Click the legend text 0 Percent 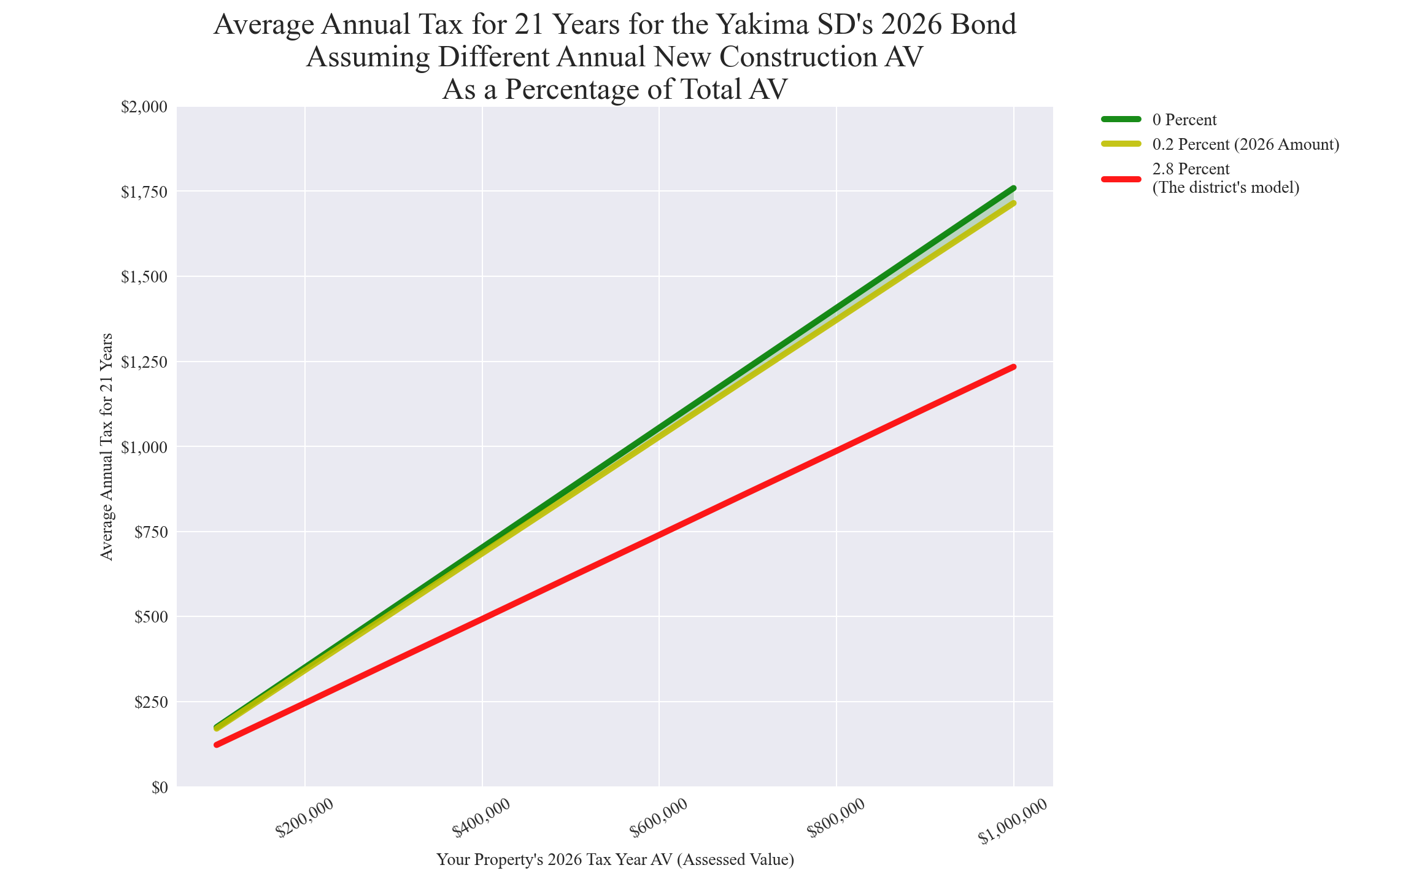1184,120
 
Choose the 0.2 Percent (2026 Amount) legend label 1246,145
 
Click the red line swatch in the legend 1121,179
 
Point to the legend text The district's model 1226,188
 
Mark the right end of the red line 1014,367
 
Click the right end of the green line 1014,188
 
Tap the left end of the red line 217,745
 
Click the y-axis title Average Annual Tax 107,446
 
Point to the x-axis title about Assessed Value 615,859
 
